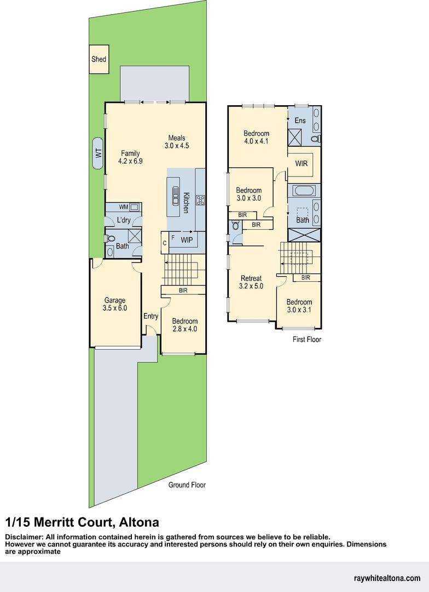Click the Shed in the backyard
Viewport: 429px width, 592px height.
[99, 59]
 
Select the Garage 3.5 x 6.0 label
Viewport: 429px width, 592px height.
[115, 304]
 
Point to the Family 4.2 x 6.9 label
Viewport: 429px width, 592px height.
[130, 157]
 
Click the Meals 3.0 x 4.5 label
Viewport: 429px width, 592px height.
[177, 142]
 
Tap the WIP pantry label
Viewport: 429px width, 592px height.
[186, 240]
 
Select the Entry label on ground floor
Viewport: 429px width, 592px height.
[151, 316]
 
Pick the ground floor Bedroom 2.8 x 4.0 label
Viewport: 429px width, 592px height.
[184, 325]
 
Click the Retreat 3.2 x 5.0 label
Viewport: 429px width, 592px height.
[251, 282]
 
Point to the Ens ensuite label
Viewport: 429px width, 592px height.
[300, 121]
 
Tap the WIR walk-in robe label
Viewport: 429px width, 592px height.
[301, 163]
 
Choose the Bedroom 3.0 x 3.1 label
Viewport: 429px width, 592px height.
[299, 306]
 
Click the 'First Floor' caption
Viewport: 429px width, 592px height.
[306, 340]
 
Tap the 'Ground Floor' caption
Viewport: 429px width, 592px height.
[187, 485]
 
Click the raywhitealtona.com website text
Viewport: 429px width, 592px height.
[387, 578]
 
